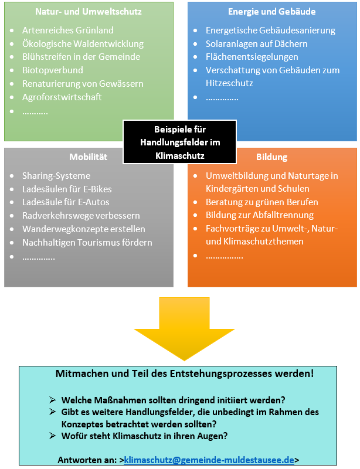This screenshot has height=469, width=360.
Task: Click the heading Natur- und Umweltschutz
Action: pyautogui.click(x=89, y=12)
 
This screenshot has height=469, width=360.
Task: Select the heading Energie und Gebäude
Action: pyautogui.click(x=271, y=12)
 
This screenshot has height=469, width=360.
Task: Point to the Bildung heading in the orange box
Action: pyautogui.click(x=271, y=157)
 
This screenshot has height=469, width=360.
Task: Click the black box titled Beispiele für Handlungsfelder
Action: pyautogui.click(x=180, y=142)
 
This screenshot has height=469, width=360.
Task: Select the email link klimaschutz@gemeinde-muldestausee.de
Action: pyautogui.click(x=209, y=460)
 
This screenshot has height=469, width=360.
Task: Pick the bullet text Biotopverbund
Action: pyautogui.click(x=53, y=70)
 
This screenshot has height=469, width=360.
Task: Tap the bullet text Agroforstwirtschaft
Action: pyautogui.click(x=62, y=97)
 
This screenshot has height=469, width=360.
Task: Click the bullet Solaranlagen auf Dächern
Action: pyautogui.click(x=257, y=43)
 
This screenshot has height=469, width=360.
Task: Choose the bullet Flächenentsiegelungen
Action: pyautogui.click(x=252, y=57)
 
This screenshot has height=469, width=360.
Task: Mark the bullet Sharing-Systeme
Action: pyautogui.click(x=56, y=175)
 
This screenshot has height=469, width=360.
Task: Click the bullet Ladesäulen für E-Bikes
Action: pyautogui.click(x=67, y=189)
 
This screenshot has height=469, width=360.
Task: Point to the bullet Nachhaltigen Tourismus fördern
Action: pyautogui.click(x=87, y=242)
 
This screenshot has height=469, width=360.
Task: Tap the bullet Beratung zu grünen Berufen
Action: pyautogui.click(x=262, y=202)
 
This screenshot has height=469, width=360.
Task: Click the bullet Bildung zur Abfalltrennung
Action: pyautogui.click(x=260, y=215)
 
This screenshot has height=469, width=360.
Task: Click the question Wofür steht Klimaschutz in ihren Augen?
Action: pyautogui.click(x=144, y=436)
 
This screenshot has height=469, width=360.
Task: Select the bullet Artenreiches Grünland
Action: pyautogui.click(x=68, y=30)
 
